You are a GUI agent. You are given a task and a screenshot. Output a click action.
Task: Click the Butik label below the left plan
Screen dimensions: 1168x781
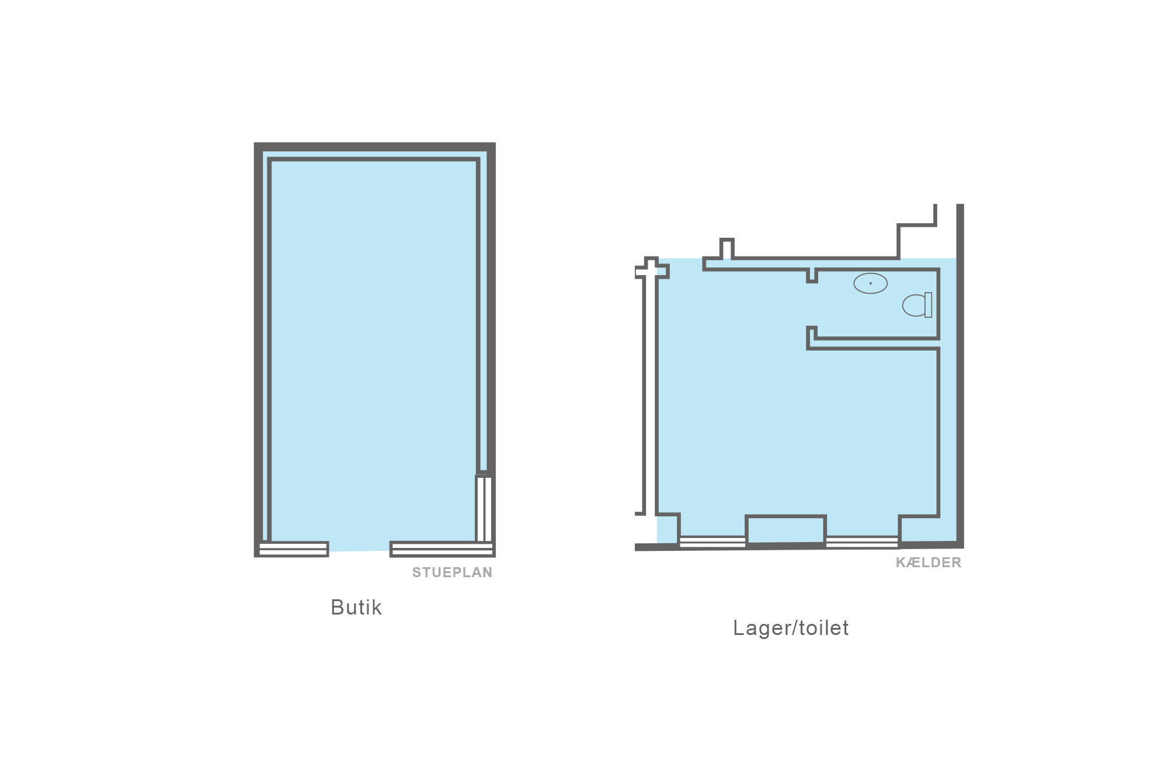(x=356, y=608)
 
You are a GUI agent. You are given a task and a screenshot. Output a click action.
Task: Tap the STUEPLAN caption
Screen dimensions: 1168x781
(x=452, y=572)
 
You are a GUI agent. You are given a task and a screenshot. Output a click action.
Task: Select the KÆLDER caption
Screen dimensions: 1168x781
(x=929, y=563)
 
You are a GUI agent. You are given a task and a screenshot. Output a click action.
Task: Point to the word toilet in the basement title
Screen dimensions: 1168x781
(x=824, y=627)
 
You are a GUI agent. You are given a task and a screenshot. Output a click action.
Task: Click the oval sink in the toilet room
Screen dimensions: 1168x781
(x=871, y=283)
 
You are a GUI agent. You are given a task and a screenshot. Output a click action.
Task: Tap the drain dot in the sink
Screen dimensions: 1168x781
(x=871, y=283)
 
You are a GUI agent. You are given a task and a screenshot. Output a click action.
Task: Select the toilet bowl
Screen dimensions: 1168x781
(x=914, y=305)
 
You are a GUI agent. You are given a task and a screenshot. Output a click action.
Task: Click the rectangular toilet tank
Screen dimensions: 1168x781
(x=929, y=305)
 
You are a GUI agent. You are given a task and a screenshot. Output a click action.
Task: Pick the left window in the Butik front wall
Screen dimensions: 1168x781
(x=293, y=549)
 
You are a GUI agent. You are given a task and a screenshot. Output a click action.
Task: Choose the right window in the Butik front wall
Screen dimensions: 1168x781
(x=442, y=549)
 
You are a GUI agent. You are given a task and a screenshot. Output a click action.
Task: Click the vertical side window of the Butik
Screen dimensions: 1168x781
(x=484, y=508)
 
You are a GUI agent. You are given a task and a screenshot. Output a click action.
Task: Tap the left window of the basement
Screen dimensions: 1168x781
(x=712, y=542)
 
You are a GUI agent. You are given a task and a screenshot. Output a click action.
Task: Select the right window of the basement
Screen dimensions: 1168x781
(x=862, y=542)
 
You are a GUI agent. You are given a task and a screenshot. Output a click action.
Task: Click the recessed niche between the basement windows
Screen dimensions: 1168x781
(x=786, y=529)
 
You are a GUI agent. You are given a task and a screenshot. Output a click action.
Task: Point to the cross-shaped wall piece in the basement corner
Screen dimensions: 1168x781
(x=652, y=269)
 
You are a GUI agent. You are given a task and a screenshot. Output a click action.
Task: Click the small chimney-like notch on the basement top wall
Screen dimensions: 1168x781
(x=726, y=248)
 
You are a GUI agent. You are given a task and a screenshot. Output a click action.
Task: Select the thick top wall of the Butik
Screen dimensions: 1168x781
(x=375, y=147)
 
